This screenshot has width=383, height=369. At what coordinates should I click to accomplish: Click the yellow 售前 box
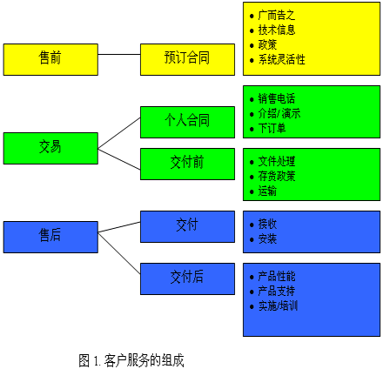point(50,60)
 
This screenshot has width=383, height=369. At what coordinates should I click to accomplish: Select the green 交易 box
point(50,149)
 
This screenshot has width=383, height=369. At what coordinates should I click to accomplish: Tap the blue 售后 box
point(50,238)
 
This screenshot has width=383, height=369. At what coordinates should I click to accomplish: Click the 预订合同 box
point(187,60)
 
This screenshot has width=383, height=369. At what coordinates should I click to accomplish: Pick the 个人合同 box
point(187,122)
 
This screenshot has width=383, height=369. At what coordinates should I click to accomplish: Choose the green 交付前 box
point(187,164)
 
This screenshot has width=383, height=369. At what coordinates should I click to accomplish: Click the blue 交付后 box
point(187,279)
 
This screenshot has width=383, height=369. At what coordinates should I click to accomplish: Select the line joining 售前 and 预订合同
point(119,54)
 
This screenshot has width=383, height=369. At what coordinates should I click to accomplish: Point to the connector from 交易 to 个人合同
point(119,133)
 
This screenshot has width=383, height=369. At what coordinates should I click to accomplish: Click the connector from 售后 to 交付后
point(119,253)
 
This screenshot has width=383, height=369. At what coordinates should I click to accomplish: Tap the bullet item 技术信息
point(277,30)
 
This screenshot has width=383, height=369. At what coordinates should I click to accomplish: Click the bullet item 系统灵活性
point(281,60)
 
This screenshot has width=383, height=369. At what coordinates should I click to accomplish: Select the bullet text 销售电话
point(277,98)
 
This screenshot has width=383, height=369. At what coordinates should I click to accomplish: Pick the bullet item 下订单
point(272,128)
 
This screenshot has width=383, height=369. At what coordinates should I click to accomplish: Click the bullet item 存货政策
point(277,176)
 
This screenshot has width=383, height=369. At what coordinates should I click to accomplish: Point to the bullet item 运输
point(267,191)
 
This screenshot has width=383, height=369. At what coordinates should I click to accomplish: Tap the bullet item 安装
point(267,239)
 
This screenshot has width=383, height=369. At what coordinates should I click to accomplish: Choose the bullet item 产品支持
point(277,291)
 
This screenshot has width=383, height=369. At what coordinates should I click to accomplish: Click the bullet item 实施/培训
point(278,306)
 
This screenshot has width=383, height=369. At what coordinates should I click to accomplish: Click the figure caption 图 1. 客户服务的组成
point(131,360)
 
